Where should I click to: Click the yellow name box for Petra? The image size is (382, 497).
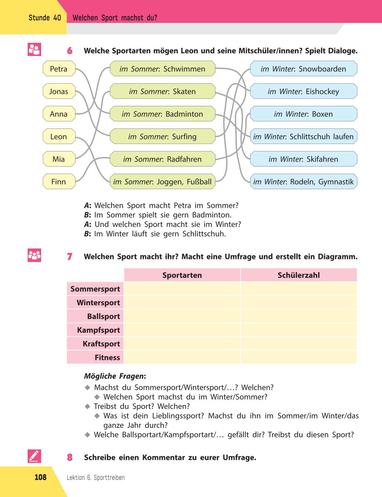coord(59,68)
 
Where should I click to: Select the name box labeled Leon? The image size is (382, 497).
coord(59,136)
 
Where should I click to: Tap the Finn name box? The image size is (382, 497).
coord(59,182)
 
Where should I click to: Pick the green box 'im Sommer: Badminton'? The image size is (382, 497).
coord(163,114)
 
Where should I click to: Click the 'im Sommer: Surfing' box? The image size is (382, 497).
coord(163,136)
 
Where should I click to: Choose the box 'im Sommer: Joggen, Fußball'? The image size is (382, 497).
coord(163,182)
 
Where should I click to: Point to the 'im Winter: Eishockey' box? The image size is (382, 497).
coord(303,91)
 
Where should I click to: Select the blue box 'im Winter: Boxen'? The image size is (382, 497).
coord(303,114)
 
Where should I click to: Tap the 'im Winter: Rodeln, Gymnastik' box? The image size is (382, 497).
coord(303,182)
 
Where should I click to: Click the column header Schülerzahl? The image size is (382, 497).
coord(299,275)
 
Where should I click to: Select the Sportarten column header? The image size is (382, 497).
coord(182,275)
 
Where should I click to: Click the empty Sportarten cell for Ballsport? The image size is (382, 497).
coord(182,316)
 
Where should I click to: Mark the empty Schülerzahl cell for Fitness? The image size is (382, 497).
coord(299,357)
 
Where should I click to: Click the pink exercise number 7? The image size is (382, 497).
coord(70,257)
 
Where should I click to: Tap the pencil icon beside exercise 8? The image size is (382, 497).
coord(34,456)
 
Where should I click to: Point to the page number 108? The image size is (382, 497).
coord(40,477)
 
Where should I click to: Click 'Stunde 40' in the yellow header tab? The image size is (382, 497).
coord(45,18)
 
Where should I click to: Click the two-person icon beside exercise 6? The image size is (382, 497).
coord(34,50)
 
